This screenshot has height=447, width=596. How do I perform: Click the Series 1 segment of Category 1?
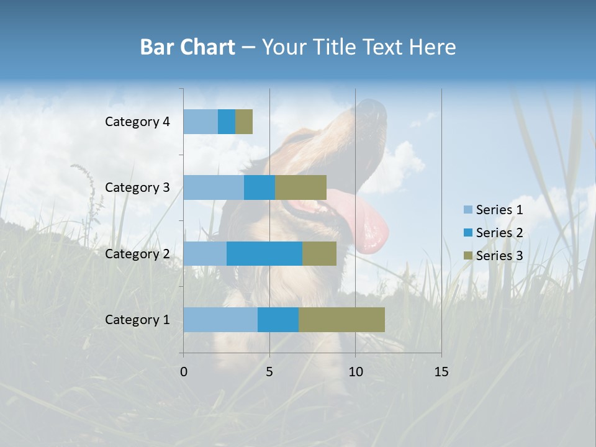[220, 320]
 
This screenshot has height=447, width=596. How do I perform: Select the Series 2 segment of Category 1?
[278, 320]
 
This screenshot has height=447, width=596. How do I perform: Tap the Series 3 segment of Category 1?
[341, 320]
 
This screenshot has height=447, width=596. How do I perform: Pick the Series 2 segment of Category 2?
[264, 253]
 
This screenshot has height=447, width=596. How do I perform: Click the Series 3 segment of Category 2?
[319, 253]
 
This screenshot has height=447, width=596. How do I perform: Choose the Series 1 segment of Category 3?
[214, 187]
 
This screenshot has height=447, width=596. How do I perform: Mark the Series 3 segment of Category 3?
[300, 187]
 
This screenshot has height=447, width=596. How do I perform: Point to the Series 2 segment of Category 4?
[227, 122]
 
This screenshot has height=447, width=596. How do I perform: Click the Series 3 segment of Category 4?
[244, 122]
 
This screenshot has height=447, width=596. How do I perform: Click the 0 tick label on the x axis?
[184, 372]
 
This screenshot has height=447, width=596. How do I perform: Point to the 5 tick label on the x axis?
[269, 372]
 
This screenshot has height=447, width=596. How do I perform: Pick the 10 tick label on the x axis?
[355, 372]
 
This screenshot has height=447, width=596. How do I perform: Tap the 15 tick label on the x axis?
[441, 372]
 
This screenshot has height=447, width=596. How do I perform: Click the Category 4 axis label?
[137, 122]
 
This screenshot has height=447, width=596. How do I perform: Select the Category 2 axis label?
[137, 253]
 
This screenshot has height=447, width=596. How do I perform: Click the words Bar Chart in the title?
[187, 47]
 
